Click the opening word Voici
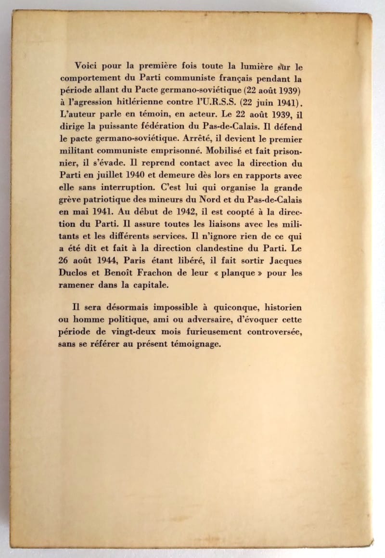coord(85,66)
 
